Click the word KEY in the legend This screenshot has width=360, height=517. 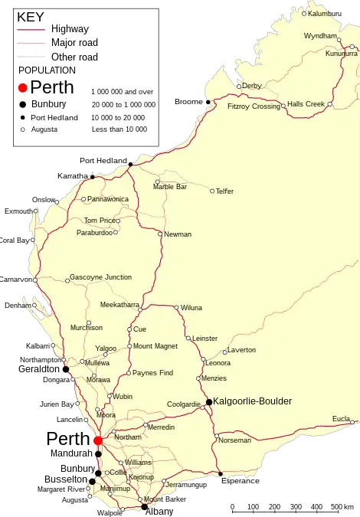pos(31,16)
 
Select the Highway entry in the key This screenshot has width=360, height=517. pos(70,29)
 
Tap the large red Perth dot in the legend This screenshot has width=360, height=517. pos(23,88)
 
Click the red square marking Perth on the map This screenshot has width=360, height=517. pos(97,440)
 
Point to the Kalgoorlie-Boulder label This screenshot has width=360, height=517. pos(252,401)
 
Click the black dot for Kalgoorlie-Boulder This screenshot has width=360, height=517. pos(208,401)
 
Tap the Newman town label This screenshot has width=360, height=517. pos(178,234)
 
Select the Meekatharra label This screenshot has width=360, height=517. pos(119,304)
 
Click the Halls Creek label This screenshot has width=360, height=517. pos(306,103)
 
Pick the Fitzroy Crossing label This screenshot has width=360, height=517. pos(254,106)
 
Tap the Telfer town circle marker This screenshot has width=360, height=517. pos(212,191)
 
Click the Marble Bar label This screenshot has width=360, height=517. pos(170,186)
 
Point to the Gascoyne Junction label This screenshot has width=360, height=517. pos(100,277)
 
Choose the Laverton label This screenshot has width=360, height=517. pos(242,350)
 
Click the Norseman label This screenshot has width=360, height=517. pos(234,440)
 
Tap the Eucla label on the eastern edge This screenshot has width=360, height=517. pos(341,418)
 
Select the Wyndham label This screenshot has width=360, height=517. pos(320,36)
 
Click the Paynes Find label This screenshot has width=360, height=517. pos(152,373)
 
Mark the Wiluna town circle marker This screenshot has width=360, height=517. pos(176,308)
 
